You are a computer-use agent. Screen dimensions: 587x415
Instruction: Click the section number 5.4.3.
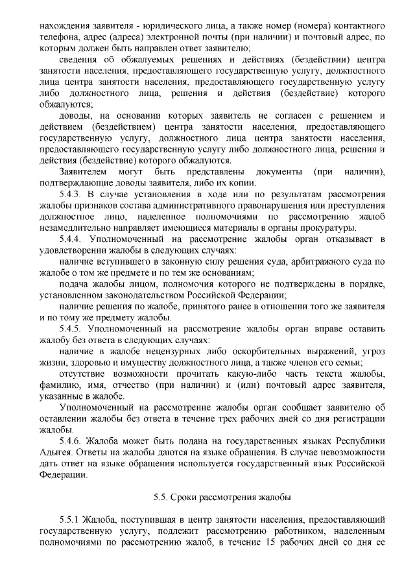(x=71, y=195)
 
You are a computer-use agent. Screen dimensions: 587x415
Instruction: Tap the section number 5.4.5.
(x=71, y=329)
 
